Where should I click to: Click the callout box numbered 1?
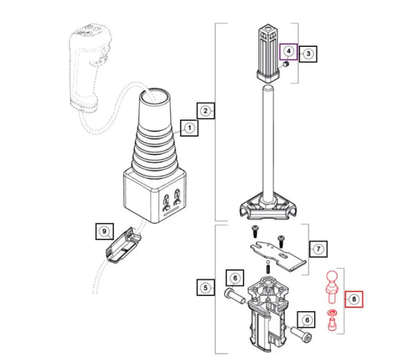pos(189,130)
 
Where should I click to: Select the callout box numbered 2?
pos(205,111)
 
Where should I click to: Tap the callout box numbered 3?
pos(308,53)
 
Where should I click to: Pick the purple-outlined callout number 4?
pos(288,51)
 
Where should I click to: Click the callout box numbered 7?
pos(318,248)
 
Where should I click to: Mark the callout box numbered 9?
pos(105,232)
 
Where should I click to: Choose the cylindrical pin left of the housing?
pos(234,295)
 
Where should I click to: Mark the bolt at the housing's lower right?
pos(302,336)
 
